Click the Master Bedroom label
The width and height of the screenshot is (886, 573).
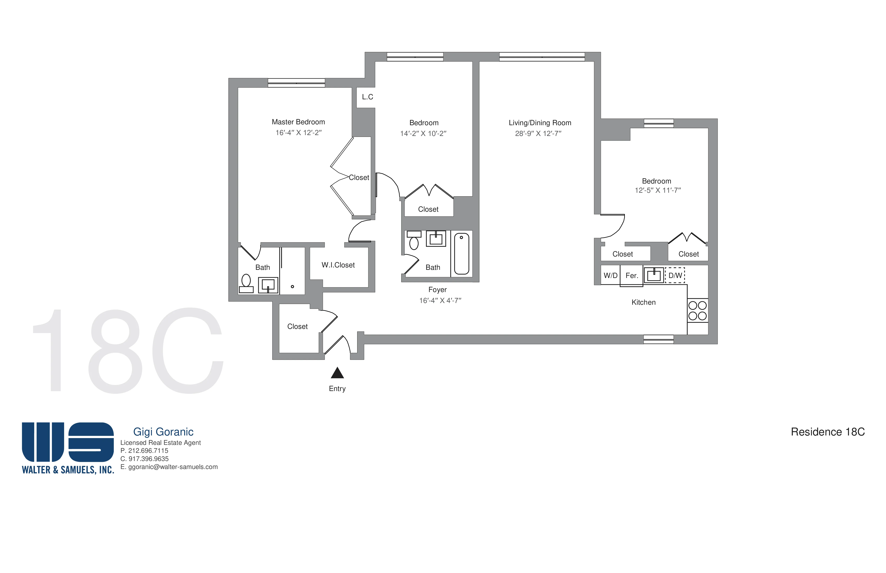pyautogui.click(x=298, y=122)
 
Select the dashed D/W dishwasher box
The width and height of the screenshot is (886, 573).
pyautogui.click(x=675, y=275)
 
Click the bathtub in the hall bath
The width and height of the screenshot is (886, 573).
pyautogui.click(x=462, y=254)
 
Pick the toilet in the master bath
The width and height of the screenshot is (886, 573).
pyautogui.click(x=246, y=284)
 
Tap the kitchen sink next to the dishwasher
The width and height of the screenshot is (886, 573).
pyautogui.click(x=654, y=275)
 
